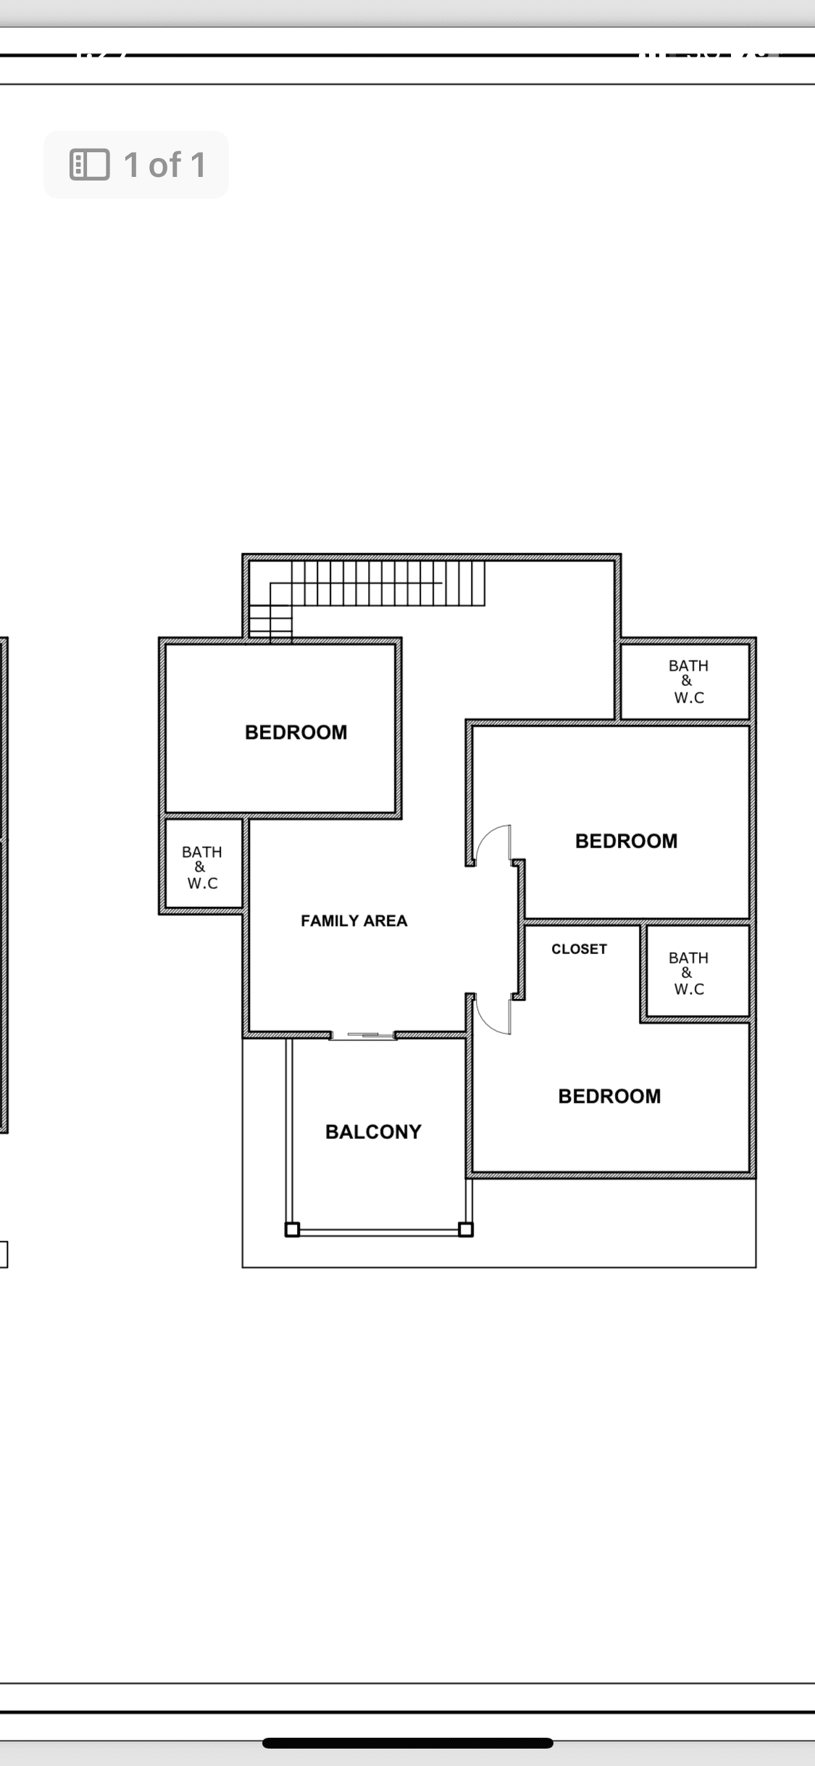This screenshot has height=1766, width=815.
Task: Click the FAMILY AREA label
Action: [x=354, y=921]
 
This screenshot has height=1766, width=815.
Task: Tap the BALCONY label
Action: [x=373, y=1132]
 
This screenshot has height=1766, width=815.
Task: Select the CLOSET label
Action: [x=579, y=949]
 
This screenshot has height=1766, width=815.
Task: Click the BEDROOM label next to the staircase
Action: [x=296, y=732]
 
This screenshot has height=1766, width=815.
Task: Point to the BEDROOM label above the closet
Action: [x=626, y=841]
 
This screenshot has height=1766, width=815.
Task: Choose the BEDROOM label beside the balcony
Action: [x=609, y=1096]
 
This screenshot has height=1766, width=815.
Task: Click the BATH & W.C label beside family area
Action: [x=202, y=867]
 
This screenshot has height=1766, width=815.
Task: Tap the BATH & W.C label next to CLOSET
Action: [x=688, y=973]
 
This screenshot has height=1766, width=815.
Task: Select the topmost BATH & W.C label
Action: [x=688, y=681]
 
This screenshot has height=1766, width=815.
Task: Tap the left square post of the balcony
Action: [x=292, y=1230]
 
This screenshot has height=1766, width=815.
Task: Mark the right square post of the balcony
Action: [x=466, y=1230]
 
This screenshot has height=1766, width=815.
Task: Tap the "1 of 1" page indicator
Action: [x=164, y=165]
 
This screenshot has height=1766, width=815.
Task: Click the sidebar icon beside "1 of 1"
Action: [x=89, y=165]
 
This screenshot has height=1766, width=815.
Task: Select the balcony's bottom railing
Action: [x=379, y=1231]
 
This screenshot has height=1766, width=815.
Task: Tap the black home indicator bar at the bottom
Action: [x=408, y=1743]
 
